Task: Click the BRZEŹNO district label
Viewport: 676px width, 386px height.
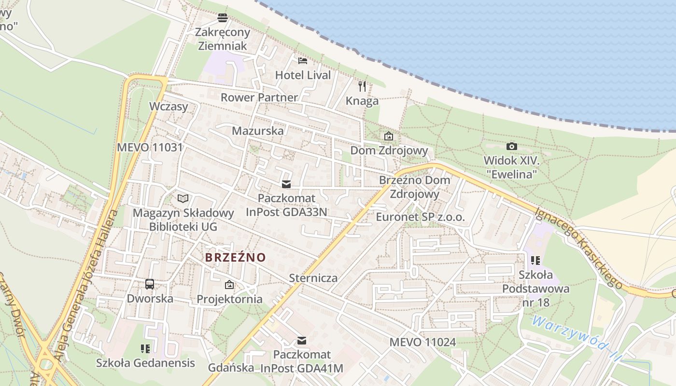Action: pyautogui.click(x=236, y=257)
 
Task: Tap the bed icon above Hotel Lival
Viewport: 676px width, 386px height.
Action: pyautogui.click(x=303, y=61)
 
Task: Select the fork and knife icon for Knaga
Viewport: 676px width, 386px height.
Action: pyautogui.click(x=362, y=86)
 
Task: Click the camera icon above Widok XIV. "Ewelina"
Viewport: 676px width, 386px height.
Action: pyautogui.click(x=511, y=146)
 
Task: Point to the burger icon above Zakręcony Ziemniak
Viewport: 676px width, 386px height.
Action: pyautogui.click(x=223, y=18)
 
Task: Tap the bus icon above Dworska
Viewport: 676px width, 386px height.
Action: pyautogui.click(x=150, y=284)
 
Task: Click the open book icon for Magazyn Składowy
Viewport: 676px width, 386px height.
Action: pyautogui.click(x=183, y=198)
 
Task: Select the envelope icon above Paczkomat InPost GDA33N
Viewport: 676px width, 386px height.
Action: pyautogui.click(x=286, y=184)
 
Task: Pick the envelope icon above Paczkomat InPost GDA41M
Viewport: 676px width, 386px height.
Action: pyautogui.click(x=302, y=341)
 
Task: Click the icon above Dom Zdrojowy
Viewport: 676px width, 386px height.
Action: pyautogui.click(x=389, y=137)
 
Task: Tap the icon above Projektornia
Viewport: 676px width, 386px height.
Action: pyautogui.click(x=229, y=285)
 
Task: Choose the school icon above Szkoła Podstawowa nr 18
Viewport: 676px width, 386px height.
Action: pyautogui.click(x=535, y=261)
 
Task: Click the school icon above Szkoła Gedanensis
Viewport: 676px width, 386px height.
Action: pyautogui.click(x=145, y=348)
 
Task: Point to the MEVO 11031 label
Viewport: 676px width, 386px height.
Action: pyautogui.click(x=150, y=147)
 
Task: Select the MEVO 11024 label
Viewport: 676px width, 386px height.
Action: pyautogui.click(x=422, y=342)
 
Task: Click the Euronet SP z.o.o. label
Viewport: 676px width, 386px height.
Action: pyautogui.click(x=420, y=217)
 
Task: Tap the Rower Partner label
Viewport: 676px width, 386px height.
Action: pyautogui.click(x=259, y=97)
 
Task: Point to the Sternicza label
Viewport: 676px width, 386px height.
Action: pyautogui.click(x=313, y=278)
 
